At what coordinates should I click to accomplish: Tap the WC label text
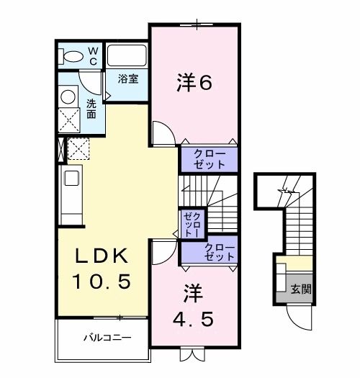94,55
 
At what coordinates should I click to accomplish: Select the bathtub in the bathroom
127,56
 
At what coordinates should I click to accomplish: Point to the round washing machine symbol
69,96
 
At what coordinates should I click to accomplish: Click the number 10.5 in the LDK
102,282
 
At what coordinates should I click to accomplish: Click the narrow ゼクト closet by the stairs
193,223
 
